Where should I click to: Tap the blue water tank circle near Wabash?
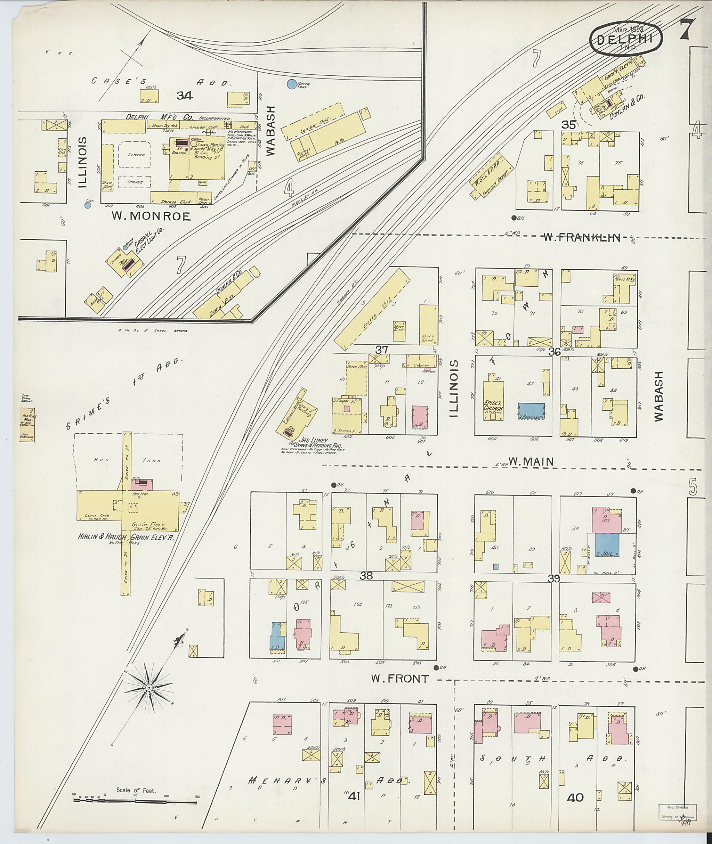pyautogui.click(x=291, y=84)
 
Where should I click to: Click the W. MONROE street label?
pyautogui.click(x=151, y=216)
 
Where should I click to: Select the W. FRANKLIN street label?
pyautogui.click(x=581, y=238)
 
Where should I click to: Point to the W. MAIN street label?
pyautogui.click(x=531, y=461)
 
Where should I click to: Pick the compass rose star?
pyautogui.click(x=148, y=687)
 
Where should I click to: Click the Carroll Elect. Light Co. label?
pyautogui.click(x=148, y=245)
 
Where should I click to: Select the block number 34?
pyautogui.click(x=185, y=96)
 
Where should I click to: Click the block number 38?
pyautogui.click(x=366, y=576)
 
